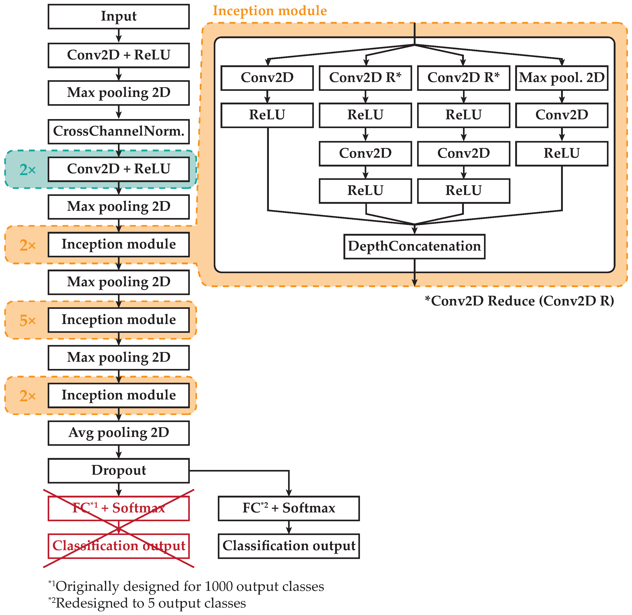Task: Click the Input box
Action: tap(119, 16)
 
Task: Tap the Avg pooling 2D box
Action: tap(119, 433)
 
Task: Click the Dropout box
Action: tap(119, 471)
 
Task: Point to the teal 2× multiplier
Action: tap(28, 170)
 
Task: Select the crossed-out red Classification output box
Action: tap(119, 546)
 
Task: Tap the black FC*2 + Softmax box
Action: tap(289, 508)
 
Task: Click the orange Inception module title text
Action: tap(270, 11)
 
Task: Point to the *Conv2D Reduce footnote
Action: tap(519, 301)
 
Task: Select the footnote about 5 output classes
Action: tap(147, 603)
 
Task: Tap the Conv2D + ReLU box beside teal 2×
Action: tap(119, 169)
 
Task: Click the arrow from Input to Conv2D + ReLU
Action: tap(119, 36)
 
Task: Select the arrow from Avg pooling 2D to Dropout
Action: tap(119, 452)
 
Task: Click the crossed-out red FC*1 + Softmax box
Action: tap(119, 508)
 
